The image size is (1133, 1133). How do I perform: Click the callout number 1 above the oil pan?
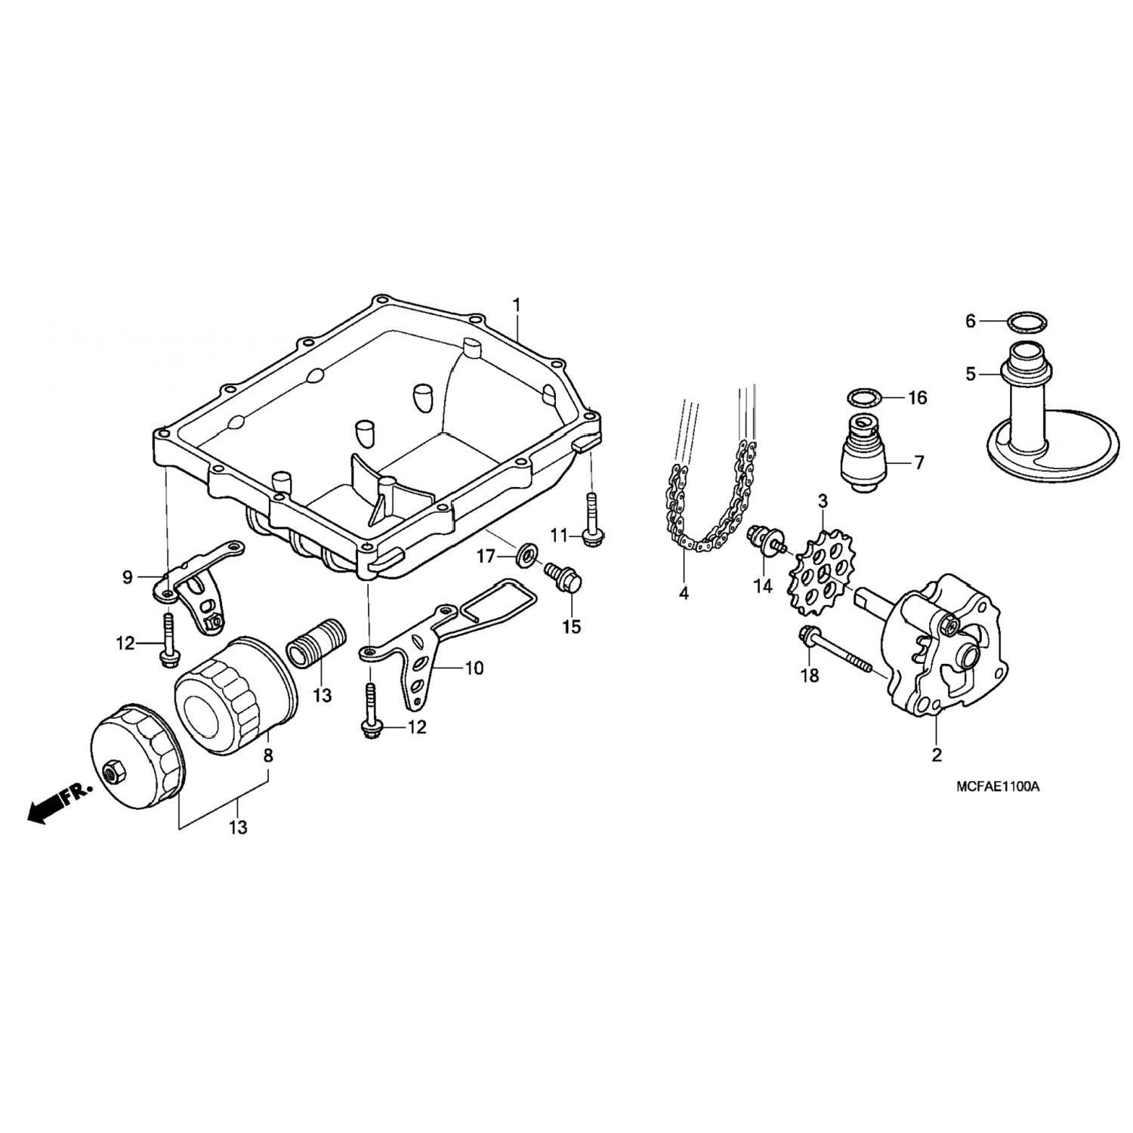517,306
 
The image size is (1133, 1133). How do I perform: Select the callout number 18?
809,675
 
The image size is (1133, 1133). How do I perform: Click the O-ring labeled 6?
1029,322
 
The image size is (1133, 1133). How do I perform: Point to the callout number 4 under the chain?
684,594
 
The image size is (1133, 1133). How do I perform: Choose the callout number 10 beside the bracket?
474,668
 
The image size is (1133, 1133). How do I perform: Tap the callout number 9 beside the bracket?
127,578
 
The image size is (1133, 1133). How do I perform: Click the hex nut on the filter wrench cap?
112,771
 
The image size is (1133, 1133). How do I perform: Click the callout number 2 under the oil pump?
937,754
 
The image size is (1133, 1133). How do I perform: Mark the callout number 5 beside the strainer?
971,373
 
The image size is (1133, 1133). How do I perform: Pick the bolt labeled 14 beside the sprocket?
765,543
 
